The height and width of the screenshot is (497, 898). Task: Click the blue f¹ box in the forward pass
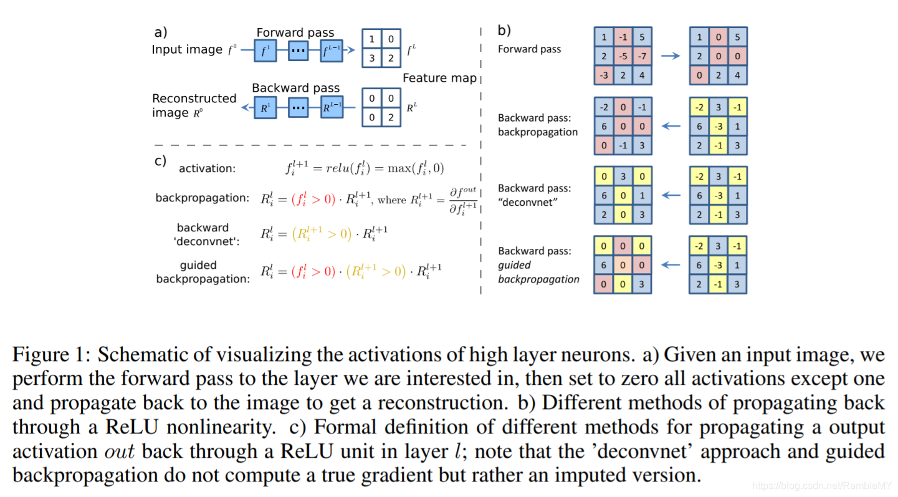coord(265,51)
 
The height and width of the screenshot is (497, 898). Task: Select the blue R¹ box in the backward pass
coord(265,107)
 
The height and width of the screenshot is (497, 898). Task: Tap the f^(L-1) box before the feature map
coord(332,51)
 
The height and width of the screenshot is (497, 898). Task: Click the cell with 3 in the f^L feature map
coord(371,58)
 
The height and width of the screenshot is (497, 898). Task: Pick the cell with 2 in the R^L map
coord(391,117)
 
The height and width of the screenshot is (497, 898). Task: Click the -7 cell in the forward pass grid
coord(642,56)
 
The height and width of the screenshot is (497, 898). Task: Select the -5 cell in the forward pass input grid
coord(623,56)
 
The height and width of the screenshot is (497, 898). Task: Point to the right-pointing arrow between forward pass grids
coord(671,55)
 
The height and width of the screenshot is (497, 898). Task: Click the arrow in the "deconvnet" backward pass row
coord(671,195)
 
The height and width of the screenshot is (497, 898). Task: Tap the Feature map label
coord(439,78)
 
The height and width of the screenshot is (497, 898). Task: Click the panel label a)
coord(161,32)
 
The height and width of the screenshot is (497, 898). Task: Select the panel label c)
coord(160,161)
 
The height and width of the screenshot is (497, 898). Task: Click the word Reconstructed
coord(194,99)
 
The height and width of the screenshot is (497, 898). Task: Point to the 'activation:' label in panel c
coord(208,168)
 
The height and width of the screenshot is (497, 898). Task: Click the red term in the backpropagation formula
coord(313,199)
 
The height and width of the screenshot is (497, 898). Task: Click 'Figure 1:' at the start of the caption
coord(52,355)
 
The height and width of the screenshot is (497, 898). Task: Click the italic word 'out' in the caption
coord(119,451)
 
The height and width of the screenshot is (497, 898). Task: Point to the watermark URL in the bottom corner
coord(821,486)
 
